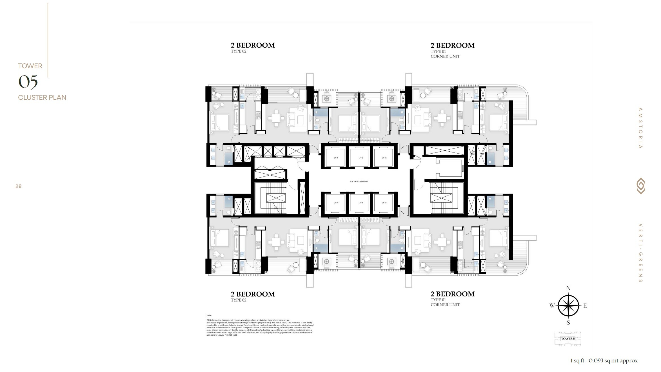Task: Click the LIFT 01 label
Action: point(336,158)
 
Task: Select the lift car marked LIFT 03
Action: point(384,157)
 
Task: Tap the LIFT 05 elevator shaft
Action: point(361,203)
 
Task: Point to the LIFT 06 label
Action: point(336,203)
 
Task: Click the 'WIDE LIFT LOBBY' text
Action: point(359,181)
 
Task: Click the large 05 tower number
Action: point(28,82)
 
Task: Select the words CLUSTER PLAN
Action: point(42,98)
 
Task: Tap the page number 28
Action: point(19,186)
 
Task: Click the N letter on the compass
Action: point(568,288)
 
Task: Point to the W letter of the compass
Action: point(552,306)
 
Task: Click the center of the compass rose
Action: point(569,306)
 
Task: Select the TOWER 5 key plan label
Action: point(568,339)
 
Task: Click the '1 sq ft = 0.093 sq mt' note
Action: point(604,361)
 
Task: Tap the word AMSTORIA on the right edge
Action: point(640,128)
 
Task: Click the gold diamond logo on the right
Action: point(641,186)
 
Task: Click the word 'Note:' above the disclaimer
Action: point(209,315)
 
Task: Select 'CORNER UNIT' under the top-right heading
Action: point(445,56)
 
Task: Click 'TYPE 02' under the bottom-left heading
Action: point(239,300)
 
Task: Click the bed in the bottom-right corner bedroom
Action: point(498,238)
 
